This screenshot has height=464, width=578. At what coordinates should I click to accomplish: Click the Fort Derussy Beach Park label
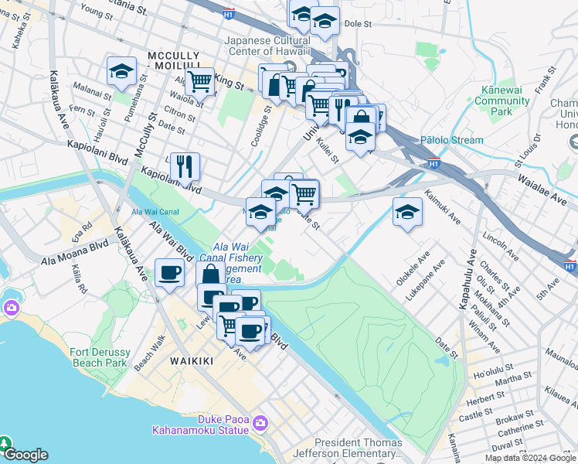click(98, 357)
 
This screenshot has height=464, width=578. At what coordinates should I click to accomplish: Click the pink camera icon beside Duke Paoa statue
click(260, 423)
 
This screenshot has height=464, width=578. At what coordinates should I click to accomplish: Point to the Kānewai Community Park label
click(502, 101)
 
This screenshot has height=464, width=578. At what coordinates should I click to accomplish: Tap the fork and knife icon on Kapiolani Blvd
click(185, 166)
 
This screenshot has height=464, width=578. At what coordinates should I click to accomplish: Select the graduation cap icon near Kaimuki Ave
click(407, 213)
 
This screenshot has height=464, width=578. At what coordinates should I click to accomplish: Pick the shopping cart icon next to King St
click(200, 80)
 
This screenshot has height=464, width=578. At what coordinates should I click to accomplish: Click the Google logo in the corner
click(25, 455)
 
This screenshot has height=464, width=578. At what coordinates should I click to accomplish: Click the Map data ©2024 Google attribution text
click(530, 458)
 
